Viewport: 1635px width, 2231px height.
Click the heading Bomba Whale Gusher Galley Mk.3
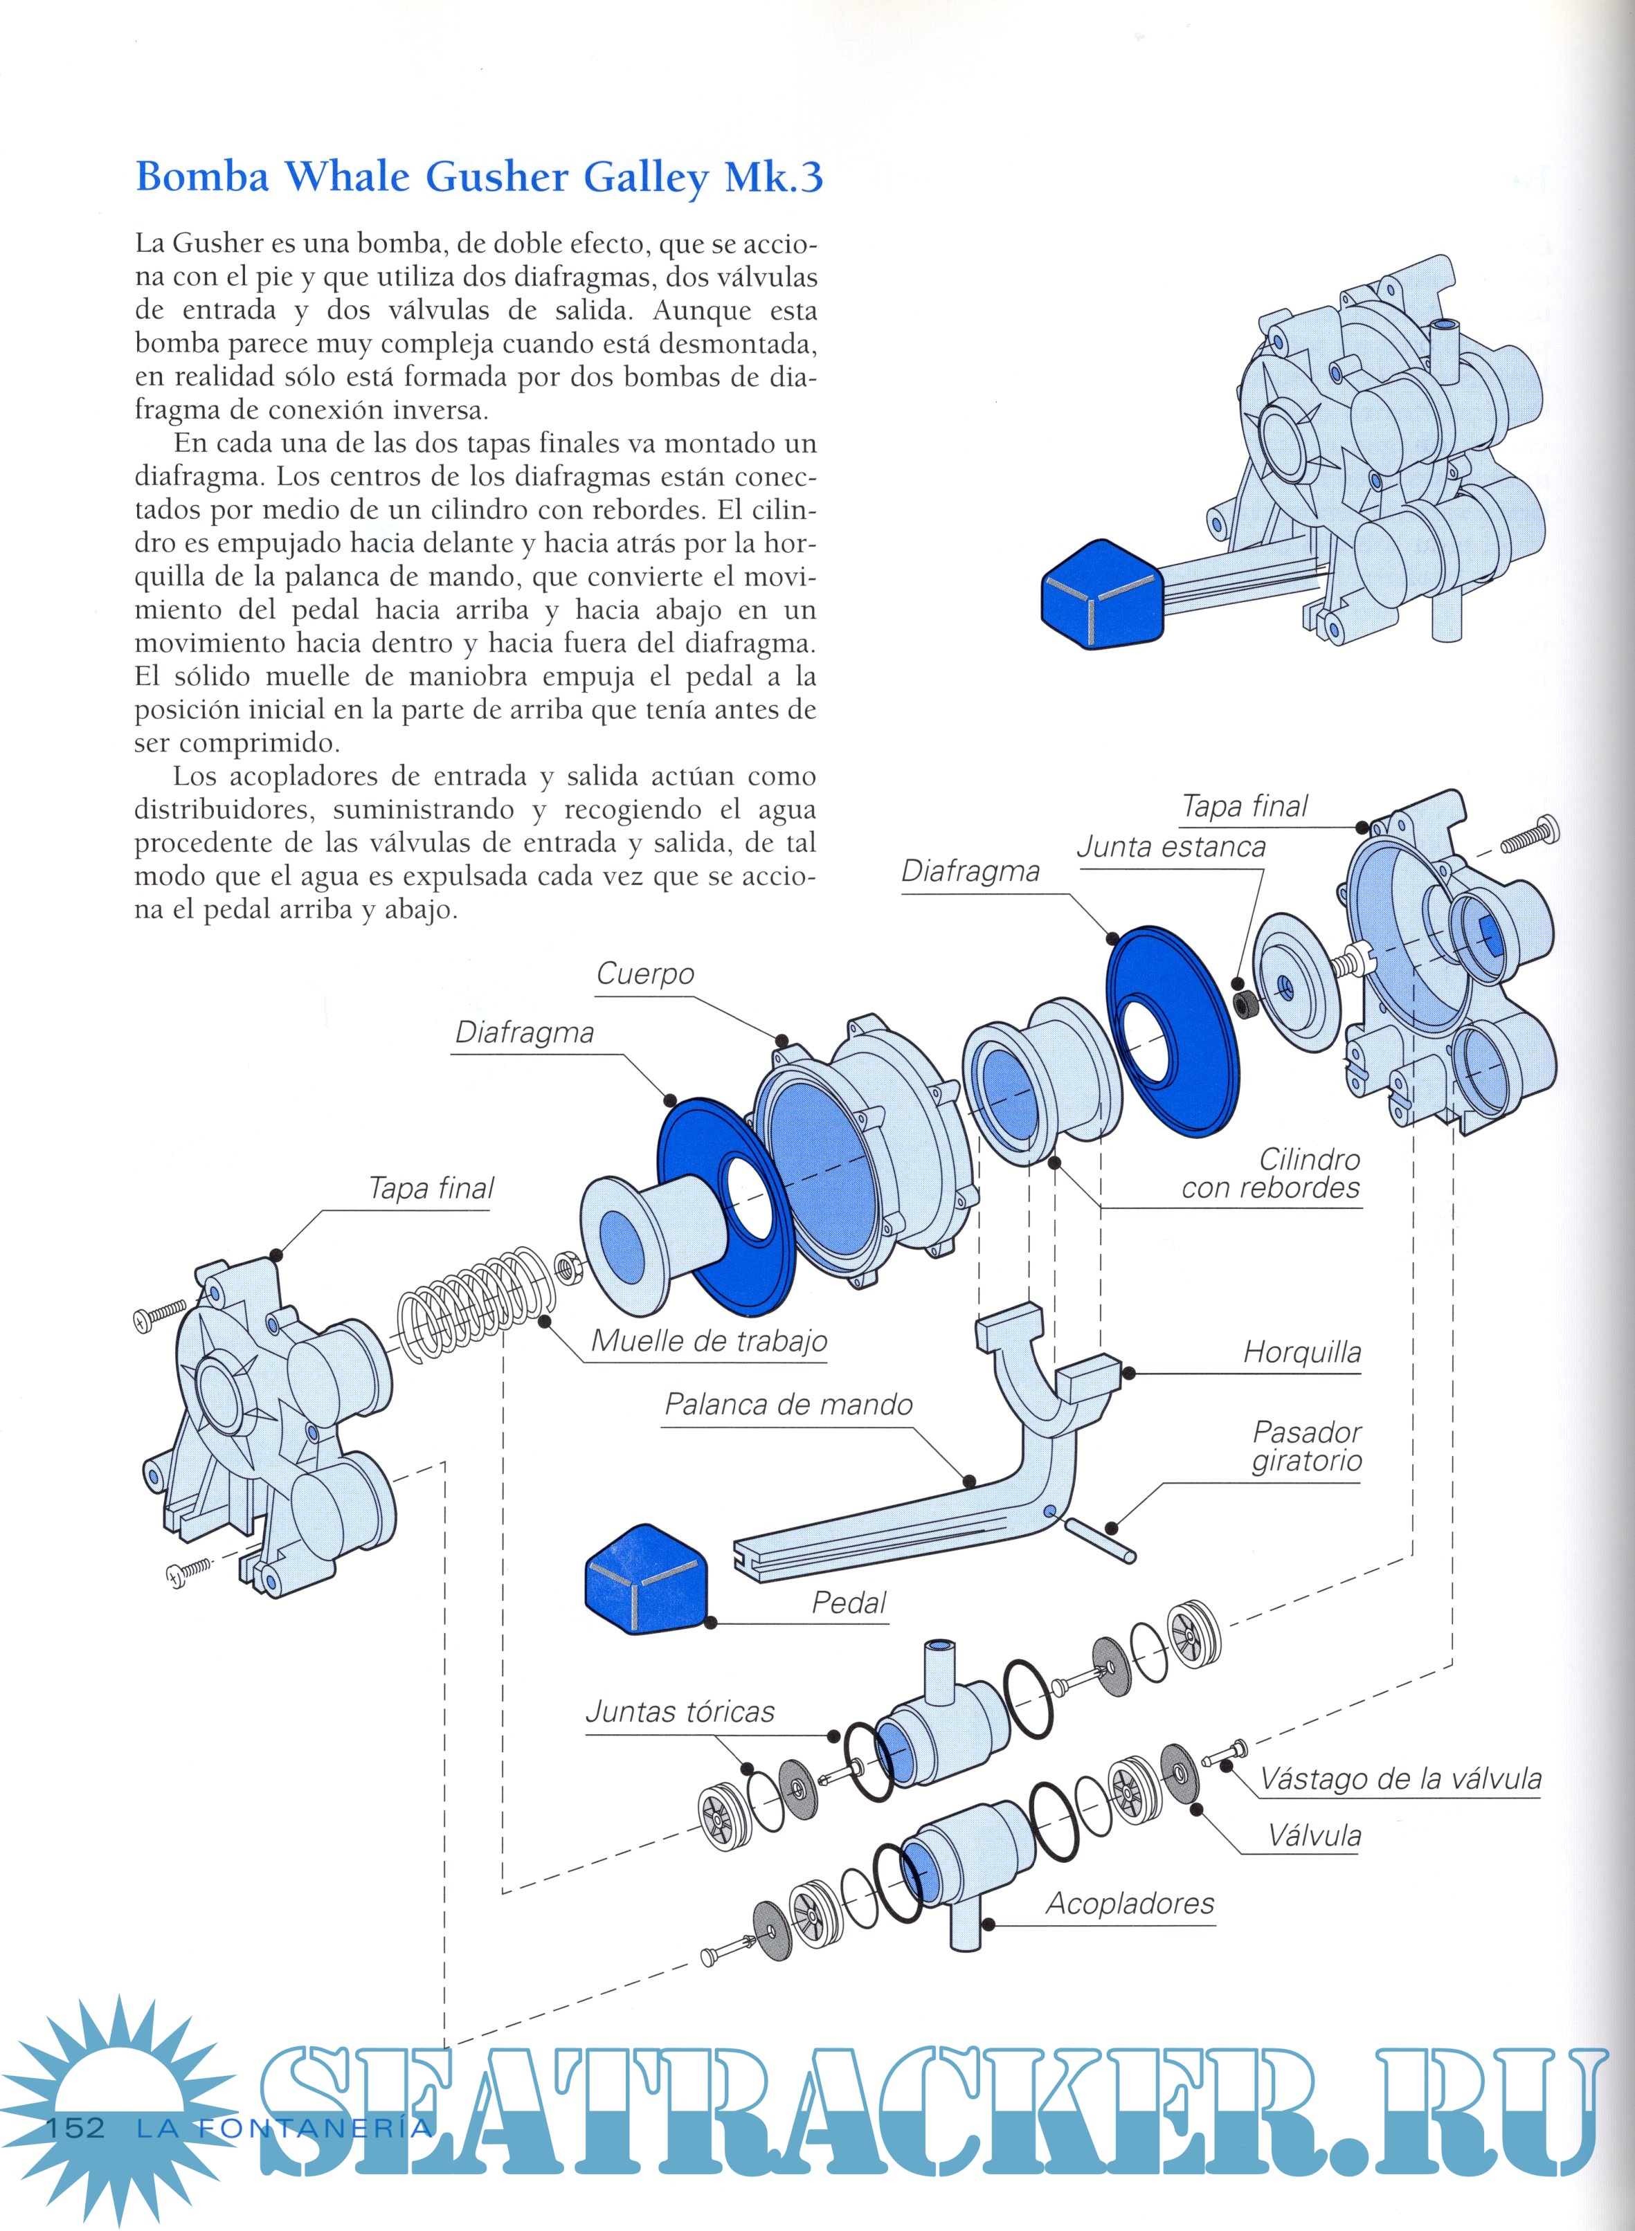[x=479, y=178]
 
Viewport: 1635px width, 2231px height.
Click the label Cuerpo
[x=645, y=974]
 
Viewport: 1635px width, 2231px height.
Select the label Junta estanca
[x=1171, y=847]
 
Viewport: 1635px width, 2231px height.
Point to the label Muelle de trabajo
[x=709, y=1342]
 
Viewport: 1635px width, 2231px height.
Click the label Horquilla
[x=1301, y=1352]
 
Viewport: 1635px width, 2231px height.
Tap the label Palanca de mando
[x=788, y=1405]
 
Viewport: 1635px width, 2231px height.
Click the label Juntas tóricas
[x=680, y=1711]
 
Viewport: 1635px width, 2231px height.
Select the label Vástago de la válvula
[x=1400, y=1780]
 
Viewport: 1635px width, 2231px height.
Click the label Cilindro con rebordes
[x=1271, y=1174]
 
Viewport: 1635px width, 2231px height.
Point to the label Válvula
[x=1315, y=1837]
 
